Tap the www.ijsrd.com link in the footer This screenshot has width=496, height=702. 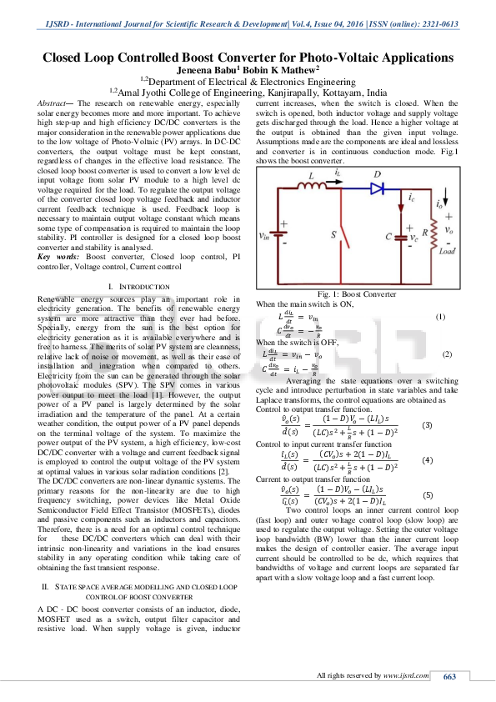[x=402, y=674]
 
